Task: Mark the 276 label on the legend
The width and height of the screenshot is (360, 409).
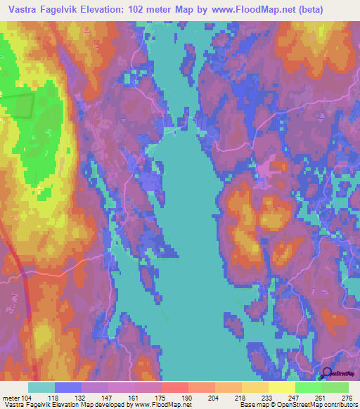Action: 347,397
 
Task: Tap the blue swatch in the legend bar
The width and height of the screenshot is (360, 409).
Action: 67,387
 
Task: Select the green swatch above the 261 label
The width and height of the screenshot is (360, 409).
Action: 308,387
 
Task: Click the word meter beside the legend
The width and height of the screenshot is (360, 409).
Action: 10,397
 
